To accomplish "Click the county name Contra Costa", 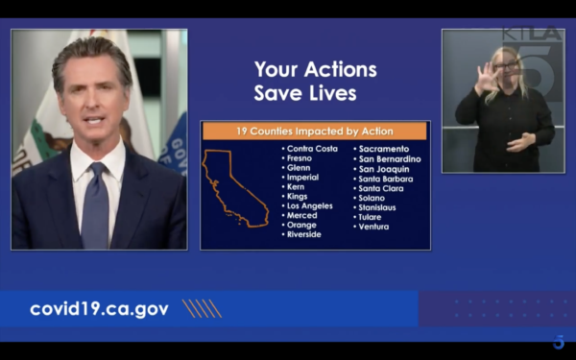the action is (312, 149).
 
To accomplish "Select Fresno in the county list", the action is (299, 158).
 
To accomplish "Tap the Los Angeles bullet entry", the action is (309, 206).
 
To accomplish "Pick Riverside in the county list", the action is (303, 234).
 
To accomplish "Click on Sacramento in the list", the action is (383, 149).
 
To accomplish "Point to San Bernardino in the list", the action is (390, 159).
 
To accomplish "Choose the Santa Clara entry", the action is (380, 188).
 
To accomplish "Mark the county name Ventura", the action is (373, 227).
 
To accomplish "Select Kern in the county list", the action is (296, 187).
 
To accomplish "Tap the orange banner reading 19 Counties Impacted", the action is (315, 132).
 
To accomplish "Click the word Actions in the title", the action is (340, 69).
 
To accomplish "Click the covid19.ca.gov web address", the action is (99, 309).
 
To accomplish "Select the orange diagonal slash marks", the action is (202, 308).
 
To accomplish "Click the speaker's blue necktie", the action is (95, 206).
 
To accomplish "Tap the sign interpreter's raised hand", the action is (487, 78).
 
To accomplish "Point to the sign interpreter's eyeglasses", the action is (506, 66).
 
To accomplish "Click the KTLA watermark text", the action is (533, 33).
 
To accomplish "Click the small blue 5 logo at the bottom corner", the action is (559, 342).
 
